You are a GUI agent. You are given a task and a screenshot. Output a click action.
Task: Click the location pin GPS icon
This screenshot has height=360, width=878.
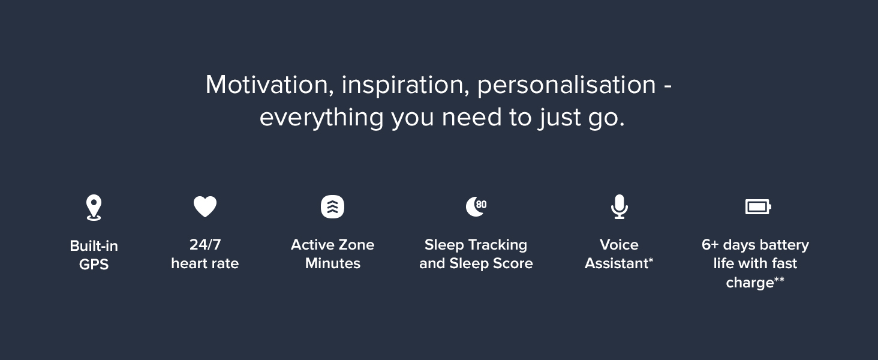[94, 208]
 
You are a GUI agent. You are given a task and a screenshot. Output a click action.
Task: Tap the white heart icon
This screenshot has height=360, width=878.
[205, 206]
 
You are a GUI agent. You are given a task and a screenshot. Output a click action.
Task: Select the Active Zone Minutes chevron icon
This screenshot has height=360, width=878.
[332, 206]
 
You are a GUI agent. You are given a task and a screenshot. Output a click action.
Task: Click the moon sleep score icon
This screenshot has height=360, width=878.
[476, 206]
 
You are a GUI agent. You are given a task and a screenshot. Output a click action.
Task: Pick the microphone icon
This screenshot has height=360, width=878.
[620, 206]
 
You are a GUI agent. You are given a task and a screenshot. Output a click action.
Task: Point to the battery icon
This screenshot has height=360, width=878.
[758, 206]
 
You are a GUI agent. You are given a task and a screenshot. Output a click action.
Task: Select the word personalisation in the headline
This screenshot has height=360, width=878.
[566, 85]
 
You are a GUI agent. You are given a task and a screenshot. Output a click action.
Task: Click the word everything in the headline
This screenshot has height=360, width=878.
[321, 118]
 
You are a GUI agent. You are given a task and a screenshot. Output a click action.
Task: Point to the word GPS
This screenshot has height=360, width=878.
[94, 265]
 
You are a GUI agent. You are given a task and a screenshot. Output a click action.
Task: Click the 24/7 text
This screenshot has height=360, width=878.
[205, 245]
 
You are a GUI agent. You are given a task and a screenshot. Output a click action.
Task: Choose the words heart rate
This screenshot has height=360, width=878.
[205, 263]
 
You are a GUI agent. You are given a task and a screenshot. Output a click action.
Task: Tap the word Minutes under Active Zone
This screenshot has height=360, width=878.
[333, 263]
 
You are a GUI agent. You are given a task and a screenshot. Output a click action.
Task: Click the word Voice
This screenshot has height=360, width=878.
[619, 245]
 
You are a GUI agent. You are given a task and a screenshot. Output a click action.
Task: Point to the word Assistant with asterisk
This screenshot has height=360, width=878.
[619, 263]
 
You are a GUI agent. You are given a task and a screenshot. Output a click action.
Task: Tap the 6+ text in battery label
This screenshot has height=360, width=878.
[710, 245]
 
